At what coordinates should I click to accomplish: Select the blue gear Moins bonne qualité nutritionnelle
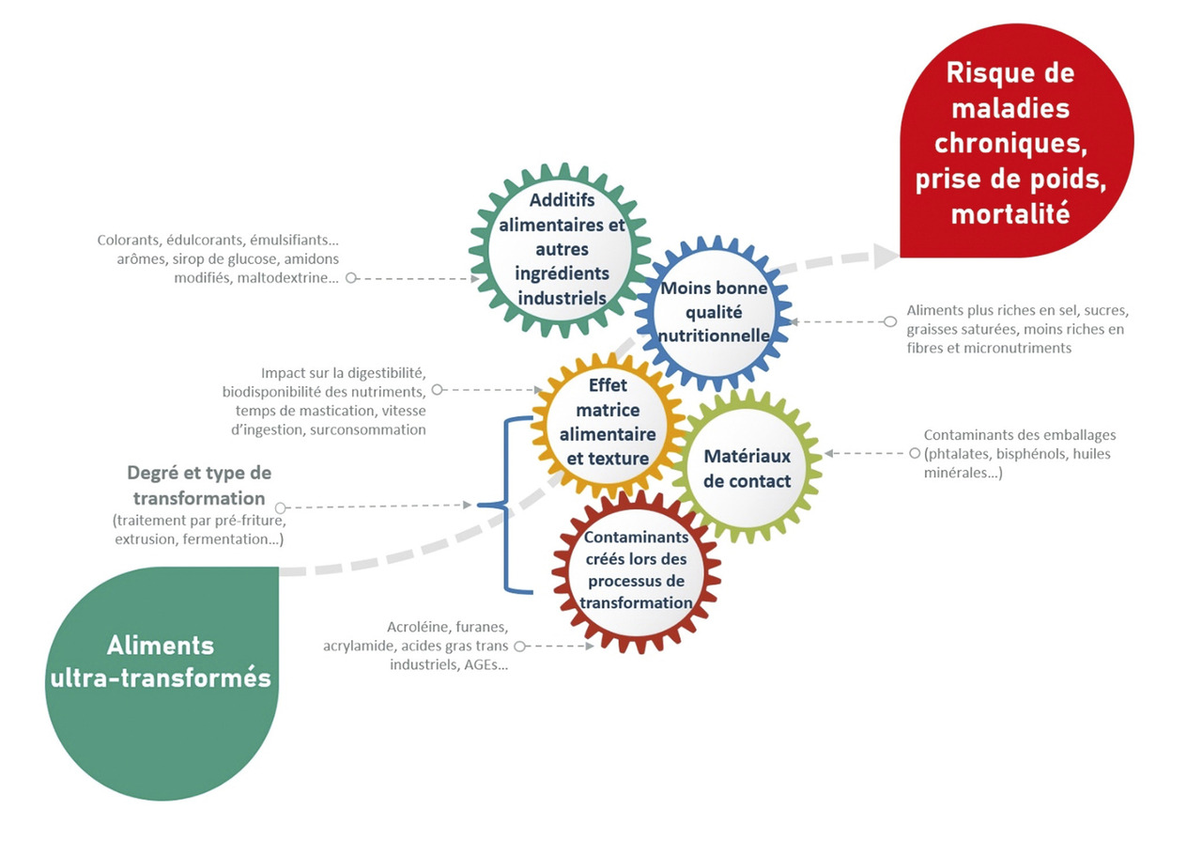click(715, 311)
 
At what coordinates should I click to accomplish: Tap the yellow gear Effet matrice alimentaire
click(607, 422)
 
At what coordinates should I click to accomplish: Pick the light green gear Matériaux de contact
click(747, 468)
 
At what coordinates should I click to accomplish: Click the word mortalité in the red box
click(1010, 213)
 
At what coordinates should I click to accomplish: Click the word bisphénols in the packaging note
click(1055, 454)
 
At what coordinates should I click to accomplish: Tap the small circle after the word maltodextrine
click(350, 278)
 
